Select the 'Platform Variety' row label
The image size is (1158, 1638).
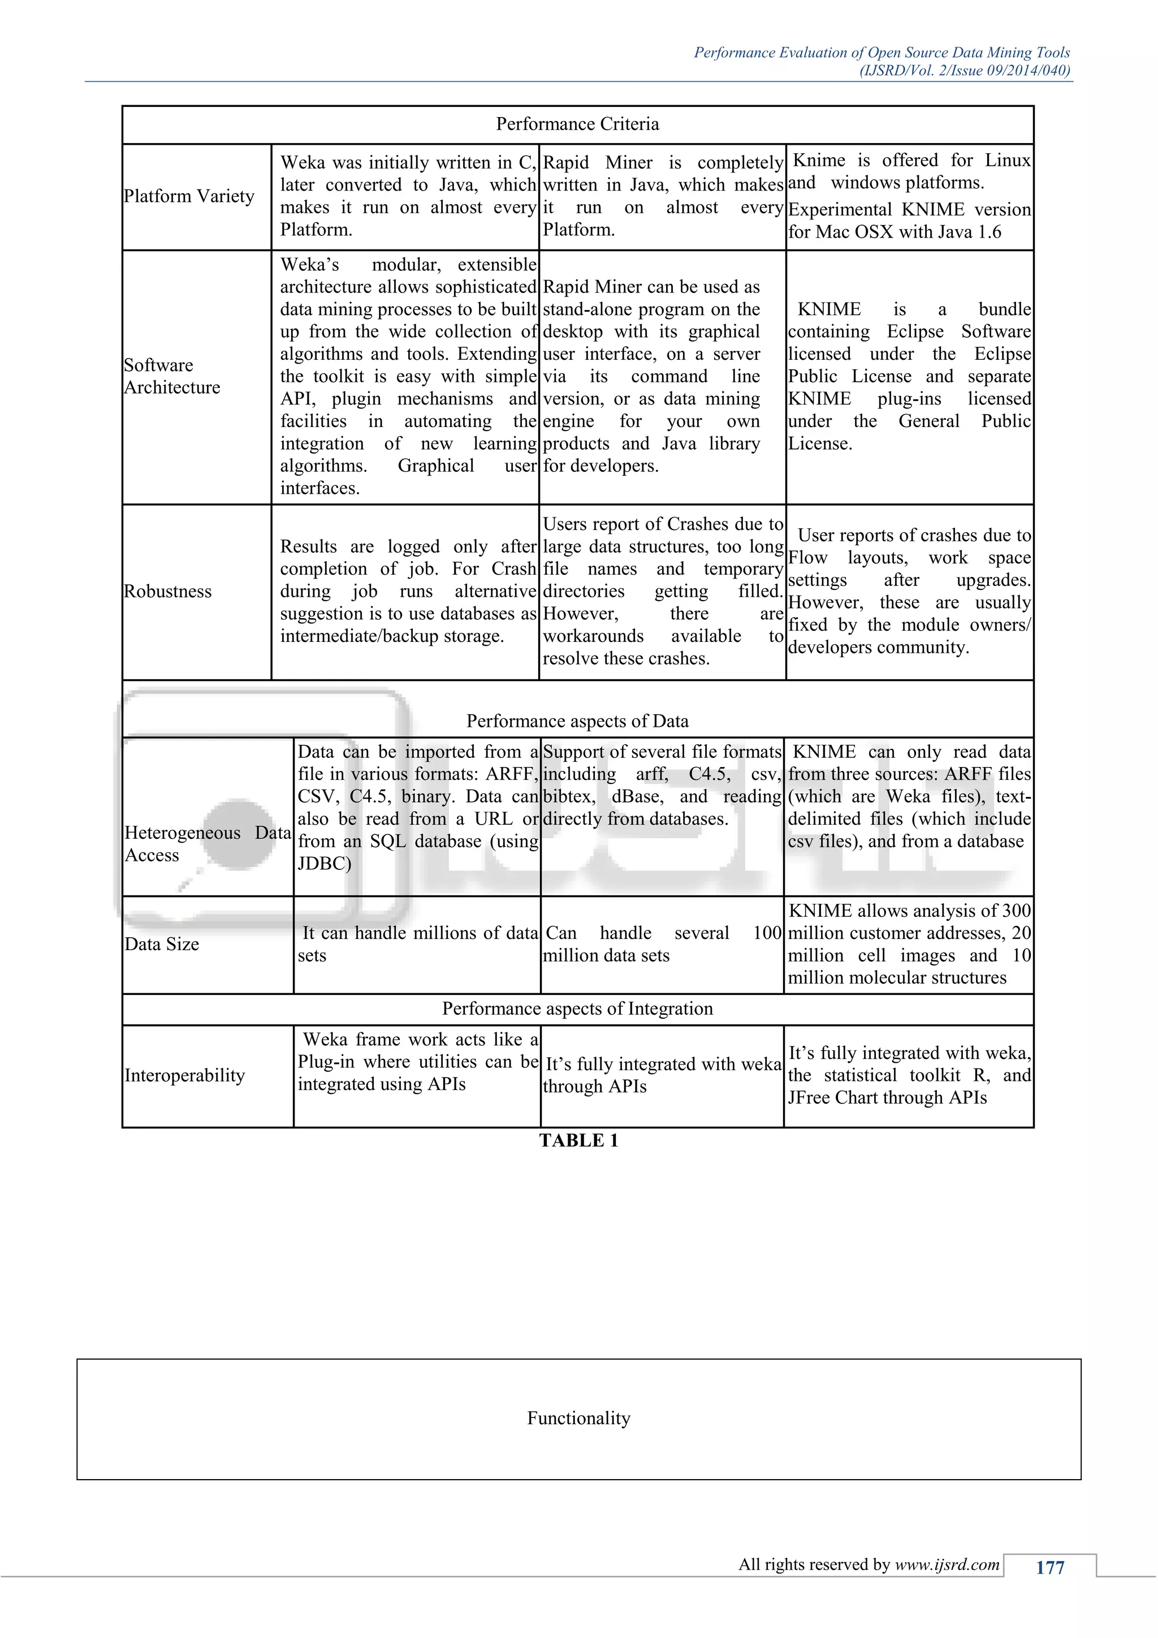tap(189, 196)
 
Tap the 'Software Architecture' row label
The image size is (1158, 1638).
tap(172, 376)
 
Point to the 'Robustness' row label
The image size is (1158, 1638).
tap(167, 592)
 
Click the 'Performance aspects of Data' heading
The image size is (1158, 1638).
tap(577, 721)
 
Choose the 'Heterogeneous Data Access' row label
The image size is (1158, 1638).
tap(207, 844)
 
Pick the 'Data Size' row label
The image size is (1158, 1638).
tap(162, 945)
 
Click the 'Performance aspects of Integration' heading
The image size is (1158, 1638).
tap(577, 1009)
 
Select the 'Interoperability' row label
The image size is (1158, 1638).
tap(185, 1076)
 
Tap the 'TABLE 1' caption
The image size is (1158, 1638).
tap(578, 1141)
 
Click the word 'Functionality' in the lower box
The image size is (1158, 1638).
tap(578, 1419)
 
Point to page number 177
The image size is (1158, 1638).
tap(1049, 1567)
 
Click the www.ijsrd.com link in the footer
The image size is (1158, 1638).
tap(947, 1564)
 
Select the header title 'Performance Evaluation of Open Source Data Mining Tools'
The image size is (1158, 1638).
tap(882, 53)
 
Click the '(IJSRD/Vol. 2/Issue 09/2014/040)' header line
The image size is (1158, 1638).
tap(965, 71)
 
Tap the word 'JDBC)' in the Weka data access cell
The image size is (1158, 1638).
tap(325, 864)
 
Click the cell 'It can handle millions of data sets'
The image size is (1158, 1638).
tap(417, 945)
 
